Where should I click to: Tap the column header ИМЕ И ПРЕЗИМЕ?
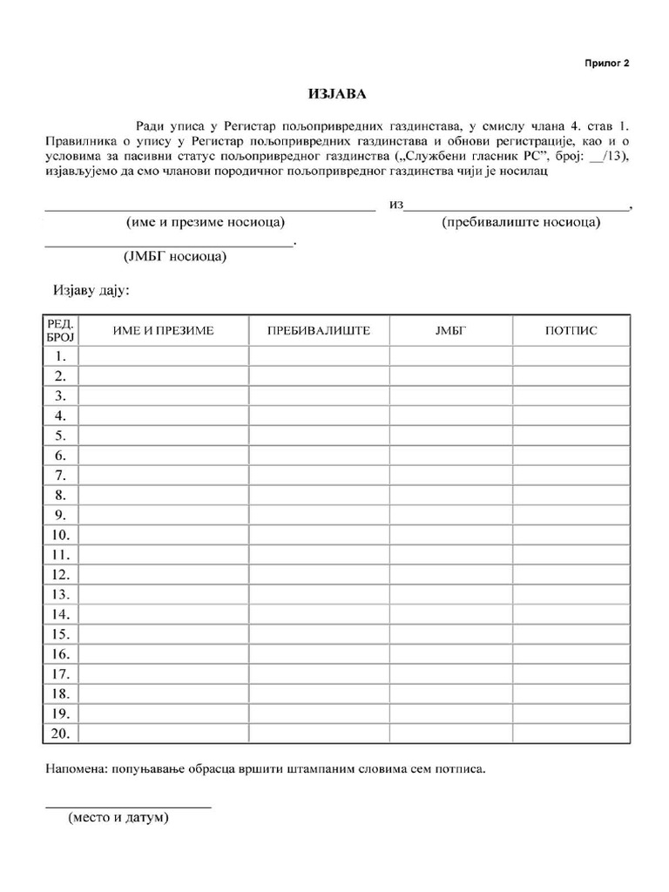pos(163,330)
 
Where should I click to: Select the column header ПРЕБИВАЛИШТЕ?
pos(319,330)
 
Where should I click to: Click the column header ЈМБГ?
pos(450,330)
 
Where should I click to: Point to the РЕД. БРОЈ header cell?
pos(61,330)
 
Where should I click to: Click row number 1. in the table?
pos(61,356)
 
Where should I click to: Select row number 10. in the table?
pos(61,535)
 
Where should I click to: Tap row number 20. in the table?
pos(61,733)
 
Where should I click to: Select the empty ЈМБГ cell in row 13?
pos(450,594)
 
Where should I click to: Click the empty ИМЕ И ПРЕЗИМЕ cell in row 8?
pos(163,495)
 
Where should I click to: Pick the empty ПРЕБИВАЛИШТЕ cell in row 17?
pos(319,673)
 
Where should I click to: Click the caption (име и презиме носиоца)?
pos(206,222)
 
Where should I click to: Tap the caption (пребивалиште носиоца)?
pos(521,222)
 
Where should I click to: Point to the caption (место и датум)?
pos(118,819)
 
